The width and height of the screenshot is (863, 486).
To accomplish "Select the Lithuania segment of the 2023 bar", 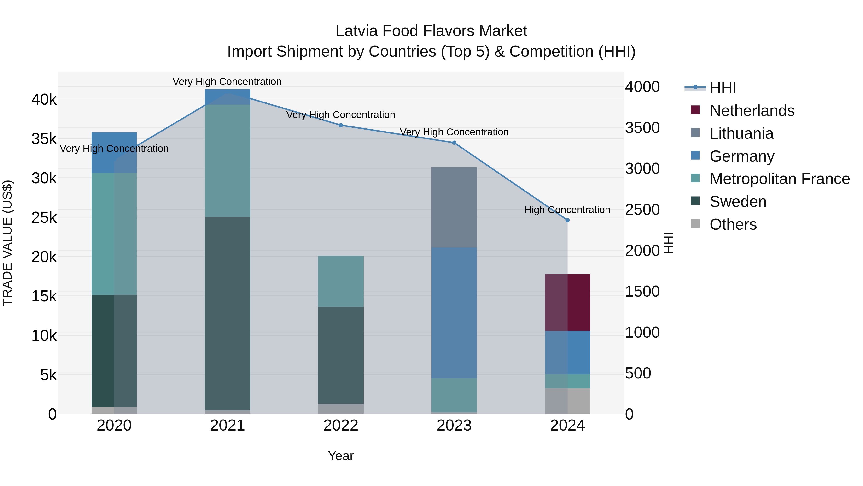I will [454, 207].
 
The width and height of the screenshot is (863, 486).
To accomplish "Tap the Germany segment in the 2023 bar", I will [454, 312].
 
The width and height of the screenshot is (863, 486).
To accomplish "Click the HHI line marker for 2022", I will [341, 125].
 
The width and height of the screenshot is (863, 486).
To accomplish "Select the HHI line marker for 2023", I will [454, 143].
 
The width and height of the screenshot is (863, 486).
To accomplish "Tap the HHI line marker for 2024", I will [567, 220].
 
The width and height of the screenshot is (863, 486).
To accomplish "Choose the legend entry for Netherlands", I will [752, 111].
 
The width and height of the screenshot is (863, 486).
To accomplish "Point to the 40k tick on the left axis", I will [44, 99].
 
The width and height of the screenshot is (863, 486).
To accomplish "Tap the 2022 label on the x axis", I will [341, 426].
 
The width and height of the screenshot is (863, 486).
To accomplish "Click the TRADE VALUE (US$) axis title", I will [7, 243].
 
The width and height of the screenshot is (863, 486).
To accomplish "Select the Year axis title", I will [341, 456].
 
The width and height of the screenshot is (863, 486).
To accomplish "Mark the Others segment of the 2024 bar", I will [567, 401].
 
